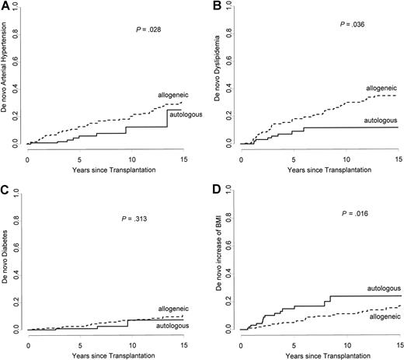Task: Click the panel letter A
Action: [x=5, y=6]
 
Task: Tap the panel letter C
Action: [x=5, y=190]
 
